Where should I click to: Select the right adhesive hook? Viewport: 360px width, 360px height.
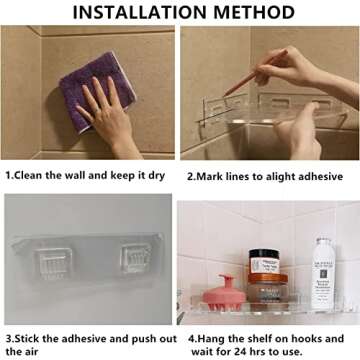(x=137, y=265)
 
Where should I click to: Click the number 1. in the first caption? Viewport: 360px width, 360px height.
(x=10, y=174)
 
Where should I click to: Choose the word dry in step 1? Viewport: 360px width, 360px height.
(x=157, y=174)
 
